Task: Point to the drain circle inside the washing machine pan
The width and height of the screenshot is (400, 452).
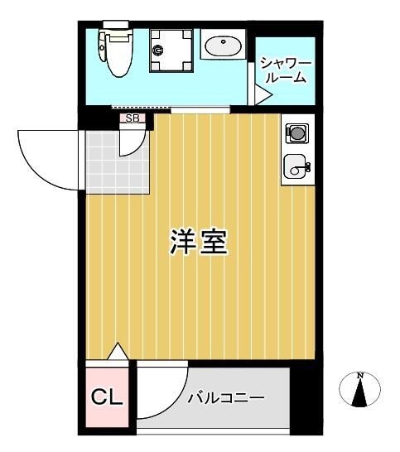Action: pos(158,51)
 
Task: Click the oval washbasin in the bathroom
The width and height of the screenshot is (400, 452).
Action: pos(222,46)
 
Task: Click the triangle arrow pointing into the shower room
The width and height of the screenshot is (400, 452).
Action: pos(262,96)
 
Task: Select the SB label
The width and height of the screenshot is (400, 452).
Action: pos(133,118)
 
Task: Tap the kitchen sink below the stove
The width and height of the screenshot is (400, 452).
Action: pos(296,166)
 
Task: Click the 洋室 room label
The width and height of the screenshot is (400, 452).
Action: pos(199,242)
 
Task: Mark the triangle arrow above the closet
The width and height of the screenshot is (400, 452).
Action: pos(118,352)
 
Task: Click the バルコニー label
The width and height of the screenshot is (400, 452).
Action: pos(225,398)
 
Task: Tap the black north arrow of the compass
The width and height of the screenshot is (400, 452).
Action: pos(360,393)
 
